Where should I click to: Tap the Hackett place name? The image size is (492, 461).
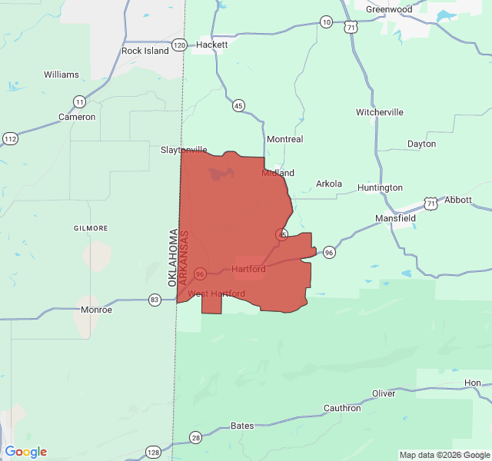pyautogui.click(x=211, y=45)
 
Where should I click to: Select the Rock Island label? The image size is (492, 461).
pyautogui.click(x=145, y=51)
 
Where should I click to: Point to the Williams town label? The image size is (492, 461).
pyautogui.click(x=61, y=75)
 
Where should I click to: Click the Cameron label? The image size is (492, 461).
pyautogui.click(x=77, y=117)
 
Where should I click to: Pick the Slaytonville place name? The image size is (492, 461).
pyautogui.click(x=184, y=150)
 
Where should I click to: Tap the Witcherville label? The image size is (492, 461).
pyautogui.click(x=379, y=112)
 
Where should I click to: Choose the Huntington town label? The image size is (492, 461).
pyautogui.click(x=380, y=187)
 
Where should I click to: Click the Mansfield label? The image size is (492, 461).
pyautogui.click(x=395, y=218)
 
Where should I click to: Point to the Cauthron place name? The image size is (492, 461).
pyautogui.click(x=342, y=408)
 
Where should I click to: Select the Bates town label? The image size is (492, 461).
pyautogui.click(x=242, y=426)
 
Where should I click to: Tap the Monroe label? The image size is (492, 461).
pyautogui.click(x=96, y=310)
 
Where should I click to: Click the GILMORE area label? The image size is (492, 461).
pyautogui.click(x=91, y=228)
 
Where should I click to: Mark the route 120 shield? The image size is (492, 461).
pyautogui.click(x=179, y=45)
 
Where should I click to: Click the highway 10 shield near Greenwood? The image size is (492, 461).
pyautogui.click(x=327, y=22)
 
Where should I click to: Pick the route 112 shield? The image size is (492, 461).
pyautogui.click(x=10, y=138)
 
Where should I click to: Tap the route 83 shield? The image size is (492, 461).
pyautogui.click(x=155, y=300)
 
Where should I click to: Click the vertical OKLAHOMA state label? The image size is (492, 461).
pyautogui.click(x=174, y=257)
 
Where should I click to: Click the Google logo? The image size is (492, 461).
pyautogui.click(x=26, y=452)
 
